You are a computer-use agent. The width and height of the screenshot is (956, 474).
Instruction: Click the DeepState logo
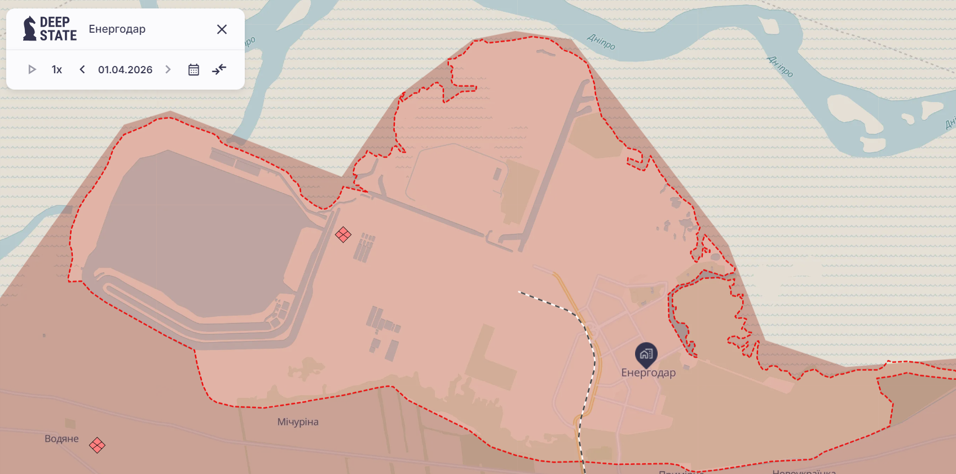click(x=50, y=29)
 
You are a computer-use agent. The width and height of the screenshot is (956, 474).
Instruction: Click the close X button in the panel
click(x=222, y=29)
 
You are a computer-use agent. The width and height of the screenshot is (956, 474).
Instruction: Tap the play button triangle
click(x=32, y=69)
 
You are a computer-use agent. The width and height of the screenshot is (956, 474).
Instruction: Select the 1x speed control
click(x=57, y=69)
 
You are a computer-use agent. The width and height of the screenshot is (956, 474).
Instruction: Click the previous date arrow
click(x=82, y=69)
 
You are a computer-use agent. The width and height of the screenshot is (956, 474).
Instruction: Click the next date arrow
click(x=168, y=69)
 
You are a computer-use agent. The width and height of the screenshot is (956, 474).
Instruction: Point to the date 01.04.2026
click(x=125, y=69)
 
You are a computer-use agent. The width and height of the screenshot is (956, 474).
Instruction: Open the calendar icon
click(x=193, y=69)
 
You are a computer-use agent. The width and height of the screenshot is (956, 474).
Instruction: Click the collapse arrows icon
click(x=219, y=69)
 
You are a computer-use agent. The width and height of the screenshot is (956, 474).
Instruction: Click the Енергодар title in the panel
click(x=117, y=29)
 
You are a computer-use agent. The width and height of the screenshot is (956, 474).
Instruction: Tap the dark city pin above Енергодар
click(x=646, y=354)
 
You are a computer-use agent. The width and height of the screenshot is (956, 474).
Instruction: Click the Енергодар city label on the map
click(x=648, y=373)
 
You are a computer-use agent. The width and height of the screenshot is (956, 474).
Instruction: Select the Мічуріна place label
click(x=298, y=422)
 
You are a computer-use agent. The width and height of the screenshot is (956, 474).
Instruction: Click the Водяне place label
click(x=61, y=438)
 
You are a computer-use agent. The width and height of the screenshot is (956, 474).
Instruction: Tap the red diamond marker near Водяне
click(x=97, y=445)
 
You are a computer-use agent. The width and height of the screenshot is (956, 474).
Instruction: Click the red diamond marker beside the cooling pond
click(x=343, y=234)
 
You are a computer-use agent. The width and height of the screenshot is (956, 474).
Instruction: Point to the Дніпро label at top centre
click(x=601, y=41)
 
